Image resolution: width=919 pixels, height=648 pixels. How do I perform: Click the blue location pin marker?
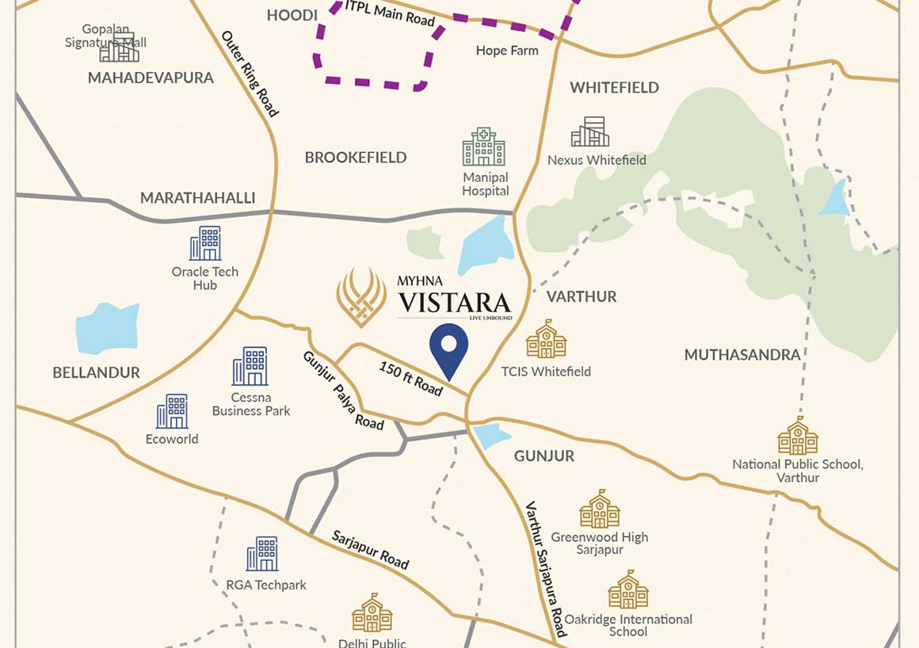tap(448, 349)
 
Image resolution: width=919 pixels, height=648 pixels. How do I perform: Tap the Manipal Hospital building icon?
tap(483, 147)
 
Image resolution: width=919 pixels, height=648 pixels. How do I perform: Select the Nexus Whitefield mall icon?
tap(590, 132)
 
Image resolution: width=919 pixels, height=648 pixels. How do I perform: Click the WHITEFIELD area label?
tap(614, 88)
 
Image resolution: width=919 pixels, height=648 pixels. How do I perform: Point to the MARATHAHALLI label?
tap(197, 198)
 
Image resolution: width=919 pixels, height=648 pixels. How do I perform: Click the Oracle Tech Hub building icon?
tap(205, 243)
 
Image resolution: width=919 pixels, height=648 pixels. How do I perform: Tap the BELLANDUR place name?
tap(96, 372)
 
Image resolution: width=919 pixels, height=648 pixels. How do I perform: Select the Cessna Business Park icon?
tap(250, 366)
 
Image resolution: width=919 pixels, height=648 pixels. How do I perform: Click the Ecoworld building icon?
tap(172, 411)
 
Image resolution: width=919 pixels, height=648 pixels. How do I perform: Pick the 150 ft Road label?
tap(410, 378)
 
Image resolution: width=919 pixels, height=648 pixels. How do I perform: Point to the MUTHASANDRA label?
tap(742, 355)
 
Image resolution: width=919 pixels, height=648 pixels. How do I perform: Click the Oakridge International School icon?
tap(628, 589)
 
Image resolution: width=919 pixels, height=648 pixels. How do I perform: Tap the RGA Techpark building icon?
tap(262, 554)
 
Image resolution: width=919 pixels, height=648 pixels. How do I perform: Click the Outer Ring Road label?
tap(250, 74)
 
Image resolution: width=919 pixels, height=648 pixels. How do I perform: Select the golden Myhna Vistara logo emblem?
tap(361, 297)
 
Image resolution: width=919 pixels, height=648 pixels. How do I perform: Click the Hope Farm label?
tap(507, 51)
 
